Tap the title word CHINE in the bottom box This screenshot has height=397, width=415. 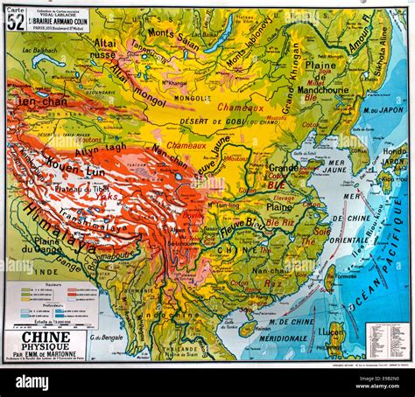(46, 336)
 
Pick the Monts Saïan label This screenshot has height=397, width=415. (173, 35)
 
